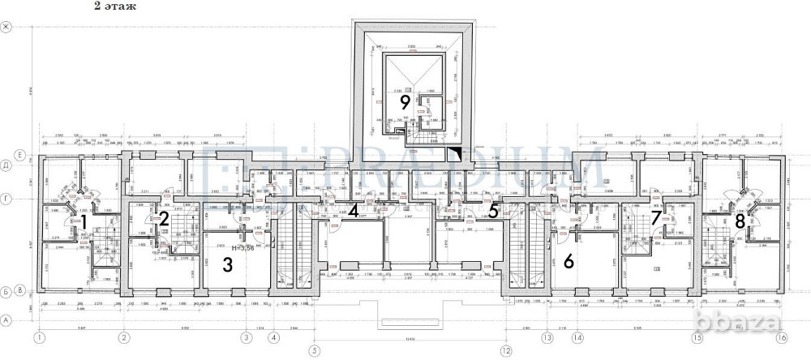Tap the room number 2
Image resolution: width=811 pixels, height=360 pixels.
[x=163, y=217]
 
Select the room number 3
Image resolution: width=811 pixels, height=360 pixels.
[x=229, y=264]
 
